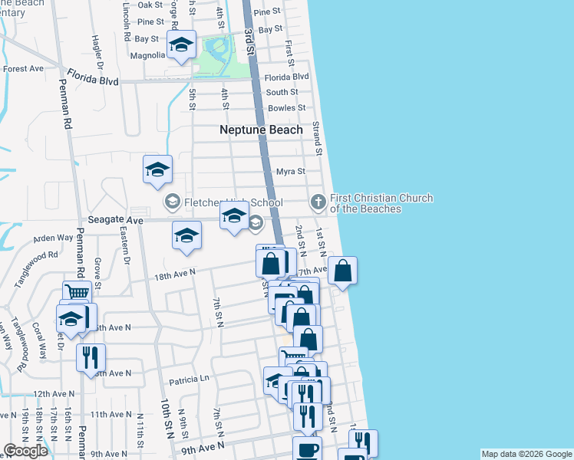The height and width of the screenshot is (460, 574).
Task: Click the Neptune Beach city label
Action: click(x=261, y=130)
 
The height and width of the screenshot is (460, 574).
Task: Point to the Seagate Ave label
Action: click(x=116, y=220)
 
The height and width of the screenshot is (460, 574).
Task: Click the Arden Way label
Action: click(x=53, y=239)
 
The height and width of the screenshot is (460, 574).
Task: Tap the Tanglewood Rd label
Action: click(x=35, y=268)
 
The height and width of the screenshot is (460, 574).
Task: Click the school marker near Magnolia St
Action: click(x=182, y=44)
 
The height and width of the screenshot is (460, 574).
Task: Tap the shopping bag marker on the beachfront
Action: click(x=343, y=271)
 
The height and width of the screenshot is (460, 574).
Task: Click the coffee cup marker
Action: click(x=307, y=449)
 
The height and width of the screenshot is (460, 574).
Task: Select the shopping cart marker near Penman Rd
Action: click(x=77, y=292)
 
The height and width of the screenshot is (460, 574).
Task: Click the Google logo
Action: click(x=26, y=451)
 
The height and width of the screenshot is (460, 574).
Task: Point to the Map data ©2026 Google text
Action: click(x=526, y=454)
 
